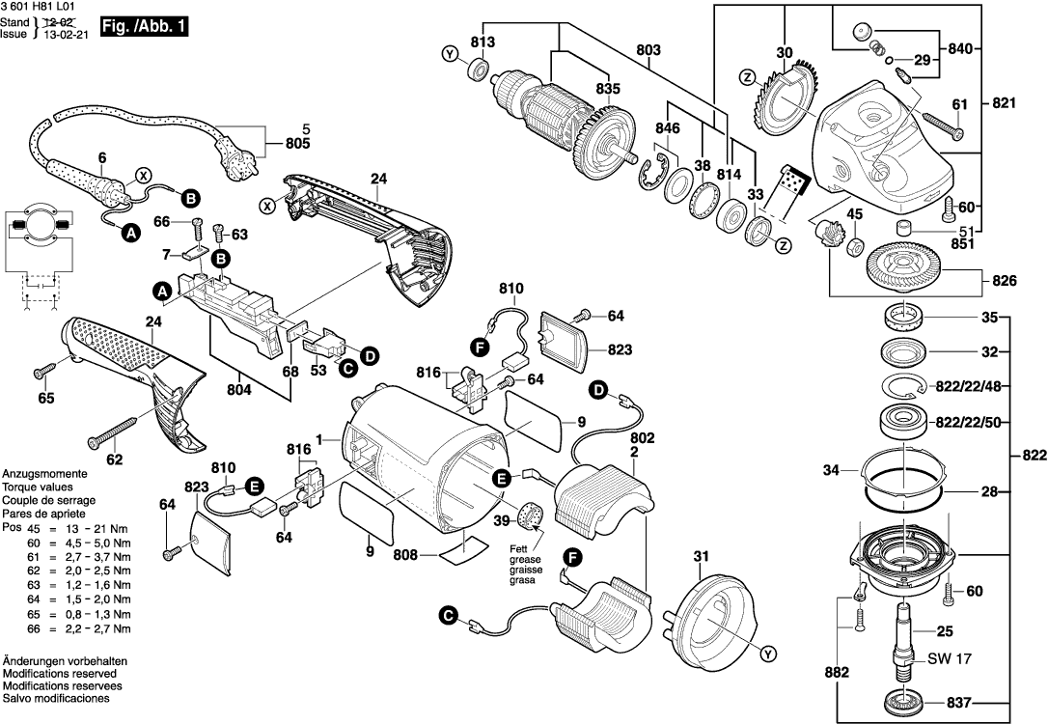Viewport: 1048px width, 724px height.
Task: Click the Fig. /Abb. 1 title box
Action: point(144,28)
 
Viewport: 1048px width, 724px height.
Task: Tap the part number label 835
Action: point(607,89)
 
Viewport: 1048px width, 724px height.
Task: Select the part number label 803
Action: point(648,49)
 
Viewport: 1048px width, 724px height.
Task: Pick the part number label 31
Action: point(702,555)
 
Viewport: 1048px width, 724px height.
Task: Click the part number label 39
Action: point(501,520)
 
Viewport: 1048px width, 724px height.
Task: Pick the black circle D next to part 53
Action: point(369,357)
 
